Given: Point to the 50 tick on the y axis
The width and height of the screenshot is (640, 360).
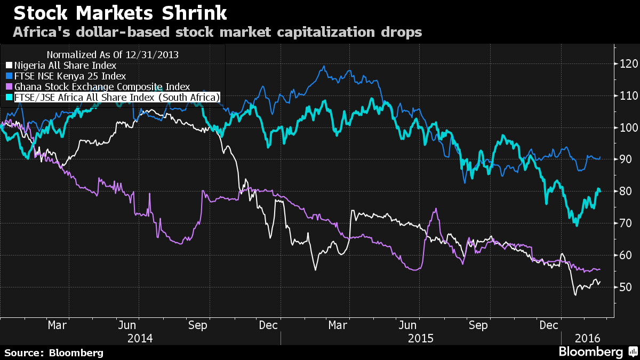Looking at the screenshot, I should pyautogui.click(x=625, y=287).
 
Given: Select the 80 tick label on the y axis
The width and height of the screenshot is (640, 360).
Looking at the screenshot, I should pyautogui.click(x=625, y=191).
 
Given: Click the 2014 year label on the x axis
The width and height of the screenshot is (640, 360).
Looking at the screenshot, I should pyautogui.click(x=140, y=338).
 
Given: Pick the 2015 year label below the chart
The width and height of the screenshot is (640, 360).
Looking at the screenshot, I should pyautogui.click(x=421, y=338).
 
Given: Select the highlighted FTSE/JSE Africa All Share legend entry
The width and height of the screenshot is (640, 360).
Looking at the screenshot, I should pyautogui.click(x=114, y=97).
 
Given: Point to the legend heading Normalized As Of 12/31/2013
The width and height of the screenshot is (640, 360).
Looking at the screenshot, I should pyautogui.click(x=113, y=54).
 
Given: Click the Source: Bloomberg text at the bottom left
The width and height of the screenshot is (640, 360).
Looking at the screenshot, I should pyautogui.click(x=54, y=353).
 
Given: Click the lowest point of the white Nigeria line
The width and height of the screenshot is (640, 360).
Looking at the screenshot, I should pyautogui.click(x=575, y=294).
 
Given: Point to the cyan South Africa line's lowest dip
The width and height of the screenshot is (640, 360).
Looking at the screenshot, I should pyautogui.click(x=577, y=225).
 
